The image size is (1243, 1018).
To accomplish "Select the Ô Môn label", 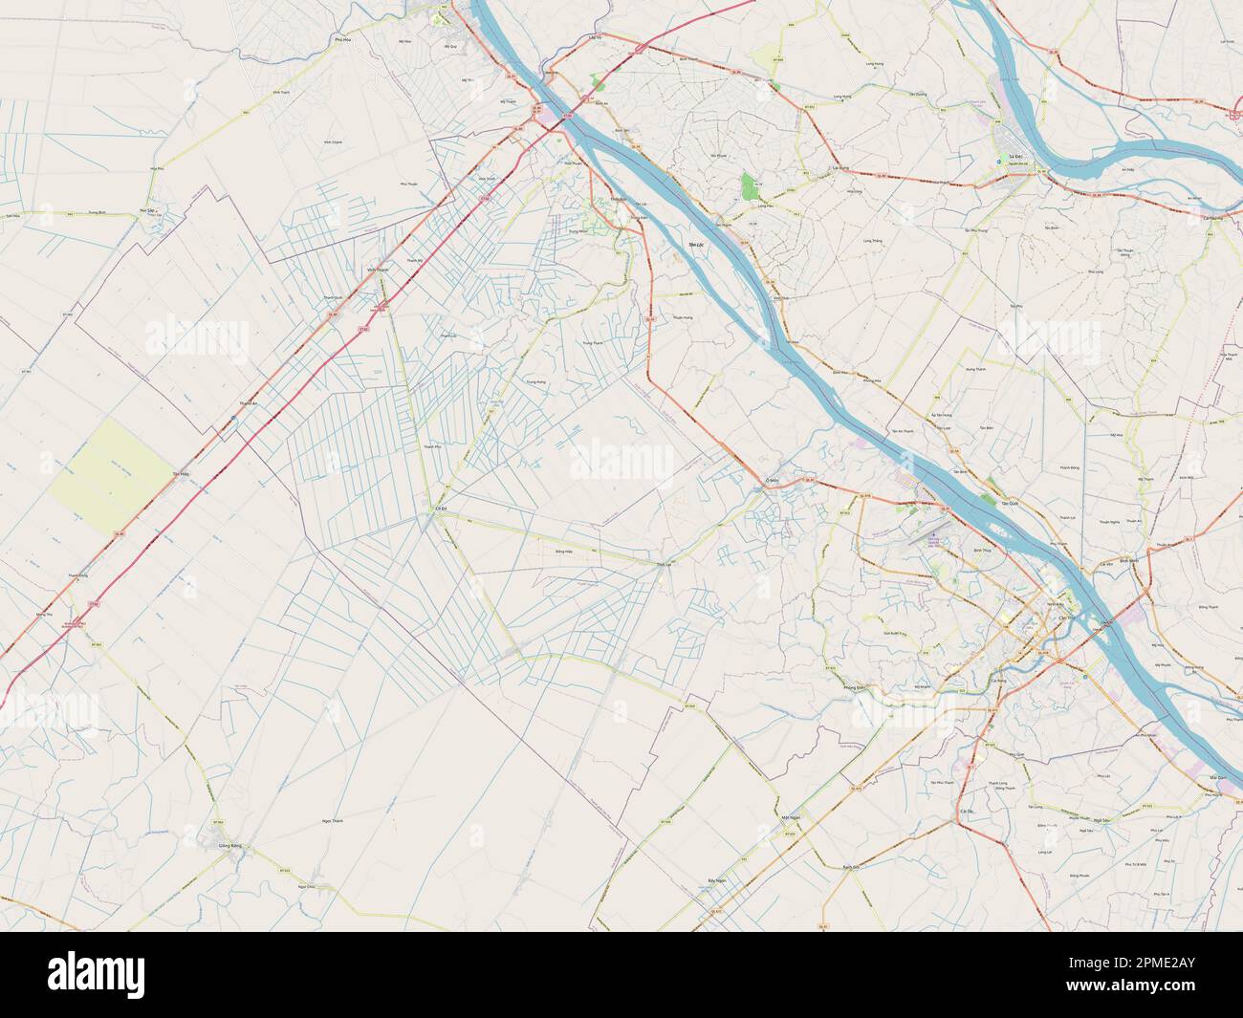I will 773,480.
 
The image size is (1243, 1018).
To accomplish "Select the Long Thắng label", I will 872,241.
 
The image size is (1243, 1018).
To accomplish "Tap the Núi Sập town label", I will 147,207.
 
